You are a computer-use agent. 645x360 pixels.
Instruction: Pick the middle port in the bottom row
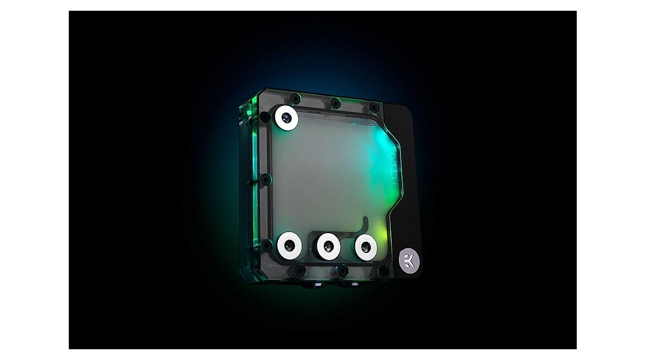(327, 246)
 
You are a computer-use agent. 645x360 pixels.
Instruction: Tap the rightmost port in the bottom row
(365, 247)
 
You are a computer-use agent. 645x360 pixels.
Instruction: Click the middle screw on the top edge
(335, 102)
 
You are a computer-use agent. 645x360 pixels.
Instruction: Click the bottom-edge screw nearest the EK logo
(383, 270)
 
